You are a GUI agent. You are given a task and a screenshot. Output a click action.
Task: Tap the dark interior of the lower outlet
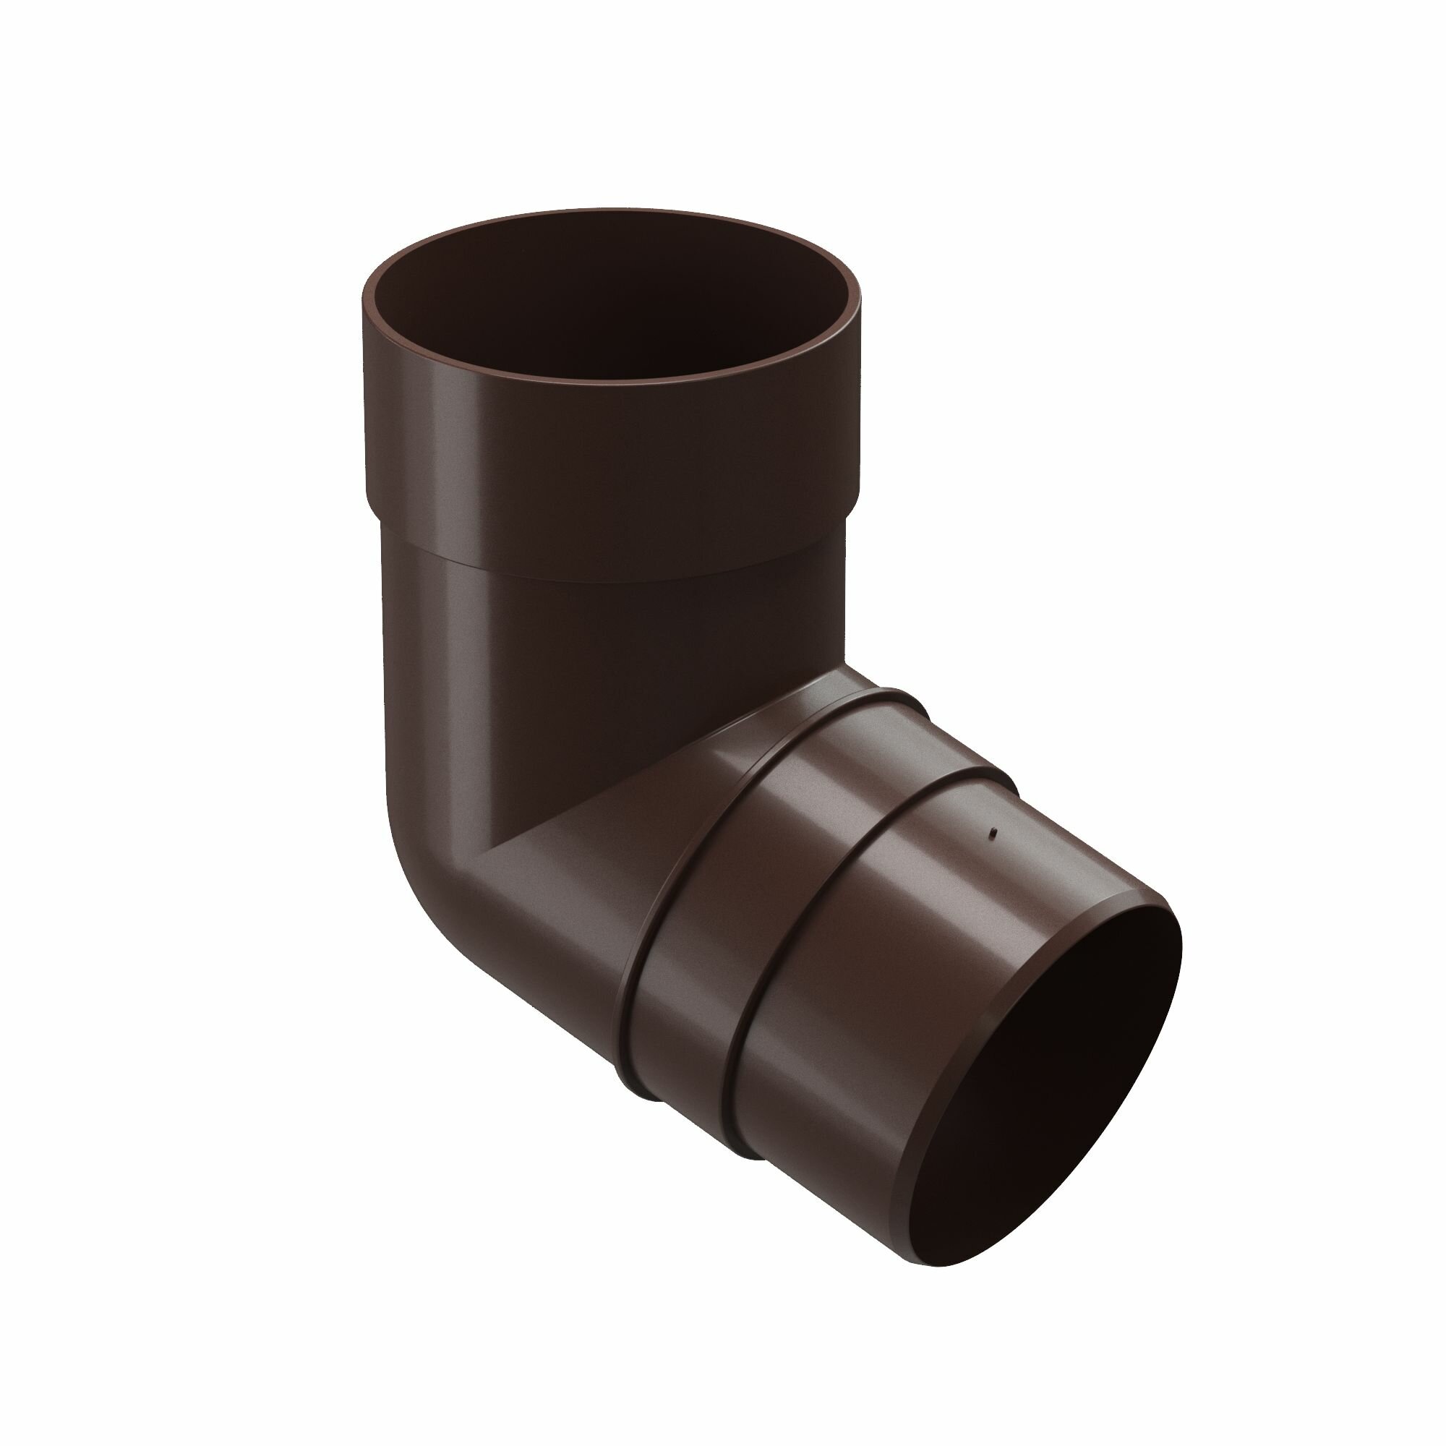point(1048,1078)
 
